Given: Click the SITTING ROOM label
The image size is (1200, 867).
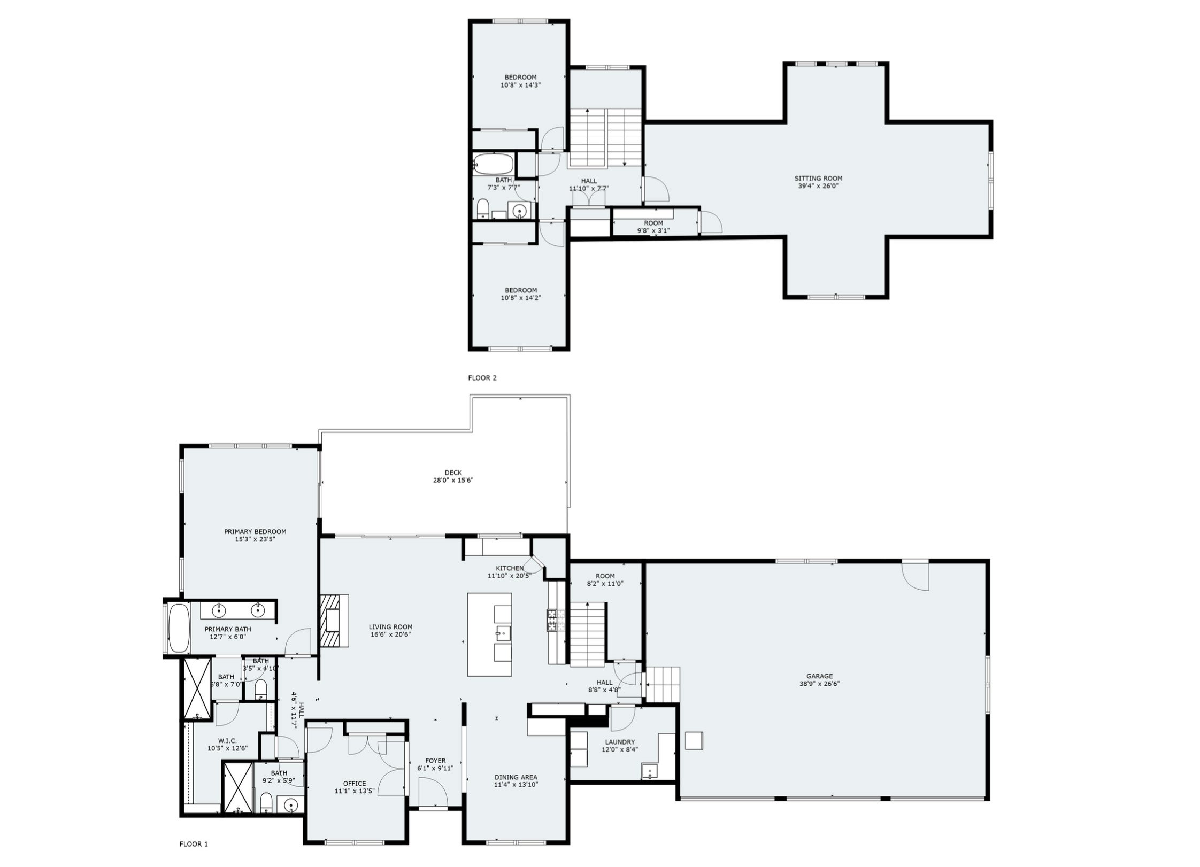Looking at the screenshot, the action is click(x=818, y=179).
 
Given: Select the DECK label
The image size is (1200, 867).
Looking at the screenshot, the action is click(x=453, y=473).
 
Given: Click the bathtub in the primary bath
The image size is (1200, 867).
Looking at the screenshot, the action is click(x=179, y=628).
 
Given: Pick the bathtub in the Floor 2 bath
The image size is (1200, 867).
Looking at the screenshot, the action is click(x=493, y=164).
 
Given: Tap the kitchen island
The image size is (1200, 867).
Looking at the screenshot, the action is click(x=489, y=634).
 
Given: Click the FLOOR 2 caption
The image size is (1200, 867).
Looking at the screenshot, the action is click(x=482, y=378).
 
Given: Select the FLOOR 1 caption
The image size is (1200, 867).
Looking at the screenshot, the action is click(x=194, y=844).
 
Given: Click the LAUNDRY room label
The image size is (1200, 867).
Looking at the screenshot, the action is click(x=620, y=742).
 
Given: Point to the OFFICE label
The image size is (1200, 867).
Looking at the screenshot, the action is click(x=355, y=784).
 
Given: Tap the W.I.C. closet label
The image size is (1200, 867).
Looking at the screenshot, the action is click(x=227, y=740).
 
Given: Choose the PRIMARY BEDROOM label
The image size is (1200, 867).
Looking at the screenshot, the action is click(x=255, y=532).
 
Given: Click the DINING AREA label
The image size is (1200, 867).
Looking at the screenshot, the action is click(x=516, y=777).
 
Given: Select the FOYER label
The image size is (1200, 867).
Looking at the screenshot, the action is click(x=435, y=761).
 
